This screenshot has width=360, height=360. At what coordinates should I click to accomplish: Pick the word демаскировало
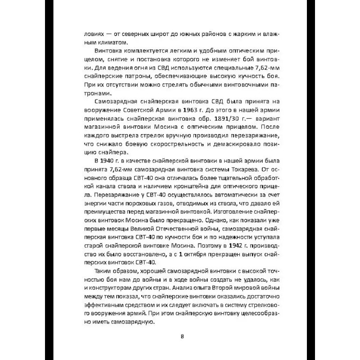tap(234, 144)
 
